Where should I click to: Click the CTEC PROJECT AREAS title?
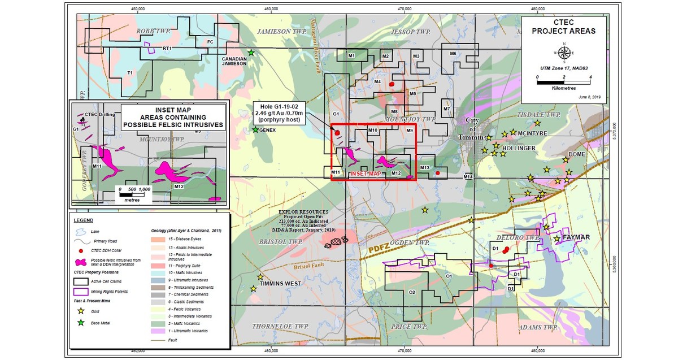tap(563, 27)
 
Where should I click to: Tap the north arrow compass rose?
tap(563, 53)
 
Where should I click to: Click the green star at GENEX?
tap(255, 130)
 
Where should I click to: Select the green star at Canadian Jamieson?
tap(251, 53)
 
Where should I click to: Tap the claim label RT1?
tap(167, 49)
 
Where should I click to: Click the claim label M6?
tap(453, 54)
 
